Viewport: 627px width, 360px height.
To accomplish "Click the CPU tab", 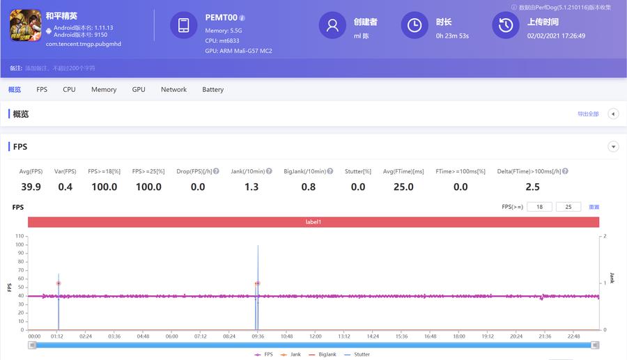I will [x=69, y=90].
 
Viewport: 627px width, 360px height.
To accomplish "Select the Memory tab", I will [x=104, y=90].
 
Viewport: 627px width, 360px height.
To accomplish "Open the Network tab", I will [x=173, y=90].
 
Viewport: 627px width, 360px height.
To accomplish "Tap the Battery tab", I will [x=212, y=90].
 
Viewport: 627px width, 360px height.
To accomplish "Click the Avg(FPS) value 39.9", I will [x=31, y=187].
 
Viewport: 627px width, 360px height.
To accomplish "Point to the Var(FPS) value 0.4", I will [x=65, y=187].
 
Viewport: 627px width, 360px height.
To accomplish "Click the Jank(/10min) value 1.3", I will [x=251, y=187].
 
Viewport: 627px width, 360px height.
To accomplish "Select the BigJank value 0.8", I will [x=308, y=187].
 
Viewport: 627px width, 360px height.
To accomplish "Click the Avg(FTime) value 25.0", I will [x=403, y=187].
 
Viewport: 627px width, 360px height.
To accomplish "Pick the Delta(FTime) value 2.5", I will [x=532, y=187].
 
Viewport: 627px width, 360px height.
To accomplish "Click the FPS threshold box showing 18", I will [x=539, y=207].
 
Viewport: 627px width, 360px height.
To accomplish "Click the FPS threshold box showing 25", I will [x=568, y=207].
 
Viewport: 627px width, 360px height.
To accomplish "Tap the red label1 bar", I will [x=313, y=222].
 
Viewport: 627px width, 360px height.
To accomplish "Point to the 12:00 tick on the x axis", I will [x=315, y=336].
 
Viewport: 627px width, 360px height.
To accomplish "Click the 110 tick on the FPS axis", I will [x=20, y=236].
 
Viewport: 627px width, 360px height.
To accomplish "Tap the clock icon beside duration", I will [x=415, y=25].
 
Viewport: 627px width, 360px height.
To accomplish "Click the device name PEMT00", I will [x=221, y=17].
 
